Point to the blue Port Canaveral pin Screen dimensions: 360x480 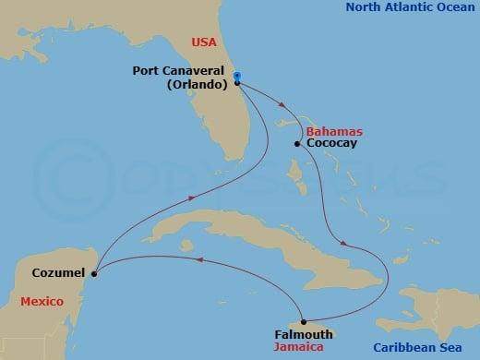click(x=237, y=77)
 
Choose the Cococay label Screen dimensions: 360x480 click(x=330, y=144)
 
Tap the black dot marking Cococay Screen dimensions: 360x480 click(x=296, y=144)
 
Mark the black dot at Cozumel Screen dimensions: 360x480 click(x=94, y=272)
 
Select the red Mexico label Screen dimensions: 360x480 click(x=41, y=302)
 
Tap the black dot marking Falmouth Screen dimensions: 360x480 click(x=303, y=321)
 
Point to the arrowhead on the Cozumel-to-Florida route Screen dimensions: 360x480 click(x=190, y=198)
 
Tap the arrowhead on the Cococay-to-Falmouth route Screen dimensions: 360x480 click(x=343, y=244)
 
